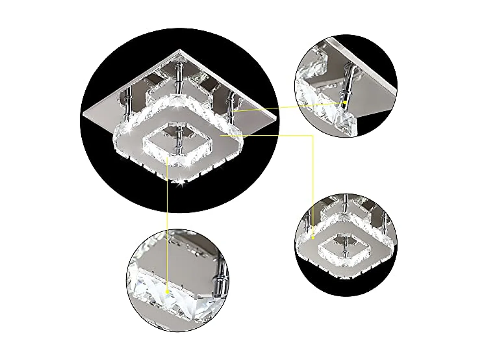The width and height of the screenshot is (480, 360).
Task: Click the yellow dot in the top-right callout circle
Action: pyautogui.click(x=345, y=103)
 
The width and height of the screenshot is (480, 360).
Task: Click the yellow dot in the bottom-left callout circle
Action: pyautogui.click(x=168, y=291)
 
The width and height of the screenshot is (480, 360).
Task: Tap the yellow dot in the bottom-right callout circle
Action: pyautogui.click(x=314, y=236)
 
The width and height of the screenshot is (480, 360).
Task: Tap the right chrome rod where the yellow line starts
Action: pyautogui.click(x=232, y=107)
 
